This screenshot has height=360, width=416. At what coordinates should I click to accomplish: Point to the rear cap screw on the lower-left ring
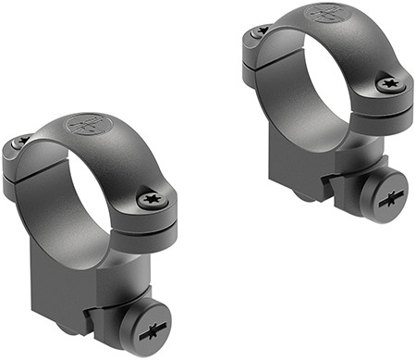coord(20,142)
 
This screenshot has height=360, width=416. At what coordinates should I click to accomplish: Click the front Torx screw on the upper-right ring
coord(388,84)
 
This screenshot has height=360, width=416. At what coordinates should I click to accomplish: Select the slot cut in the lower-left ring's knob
coord(152,329)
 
